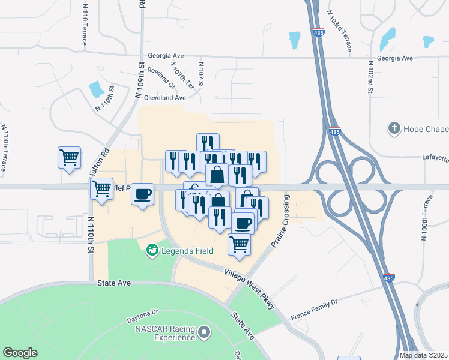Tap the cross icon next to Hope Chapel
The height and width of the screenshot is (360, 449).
[x=394, y=128]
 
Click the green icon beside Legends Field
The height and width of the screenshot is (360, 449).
[x=152, y=249]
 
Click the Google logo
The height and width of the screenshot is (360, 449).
[x=20, y=353]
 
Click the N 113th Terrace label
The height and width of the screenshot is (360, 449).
[x=4, y=148]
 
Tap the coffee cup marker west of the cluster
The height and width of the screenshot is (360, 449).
[x=143, y=194]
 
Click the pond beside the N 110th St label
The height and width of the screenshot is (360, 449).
[x=96, y=90]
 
